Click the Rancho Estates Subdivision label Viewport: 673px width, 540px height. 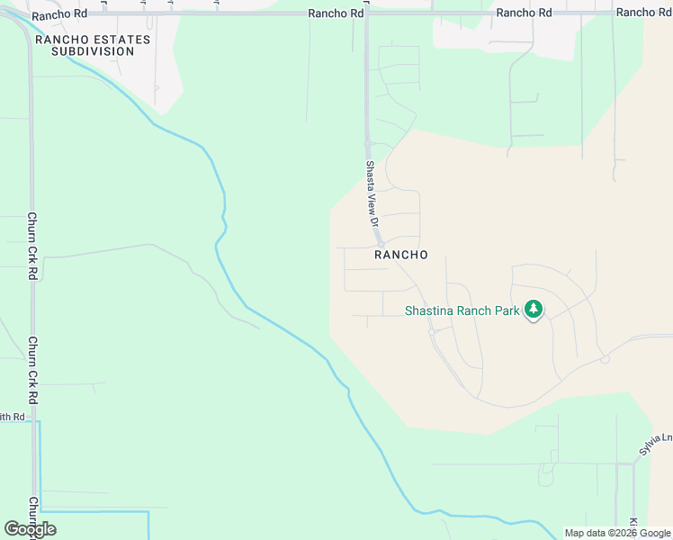pyautogui.click(x=85, y=45)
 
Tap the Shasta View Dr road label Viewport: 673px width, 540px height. pyautogui.click(x=370, y=193)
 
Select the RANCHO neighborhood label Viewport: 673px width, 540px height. pyautogui.click(x=400, y=255)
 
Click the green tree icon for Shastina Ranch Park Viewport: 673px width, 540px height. pyautogui.click(x=534, y=310)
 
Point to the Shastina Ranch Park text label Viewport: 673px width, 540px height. pyautogui.click(x=462, y=310)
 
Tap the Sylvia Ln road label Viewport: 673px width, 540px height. pyautogui.click(x=655, y=444)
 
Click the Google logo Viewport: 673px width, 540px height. pyautogui.click(x=30, y=529)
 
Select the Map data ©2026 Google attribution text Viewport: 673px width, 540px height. pyautogui.click(x=617, y=533)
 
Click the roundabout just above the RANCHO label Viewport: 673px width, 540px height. pyautogui.click(x=381, y=244)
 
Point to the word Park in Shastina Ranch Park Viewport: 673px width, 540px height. pyautogui.click(x=506, y=310)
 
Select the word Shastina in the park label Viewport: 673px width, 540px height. pyautogui.click(x=429, y=310)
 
